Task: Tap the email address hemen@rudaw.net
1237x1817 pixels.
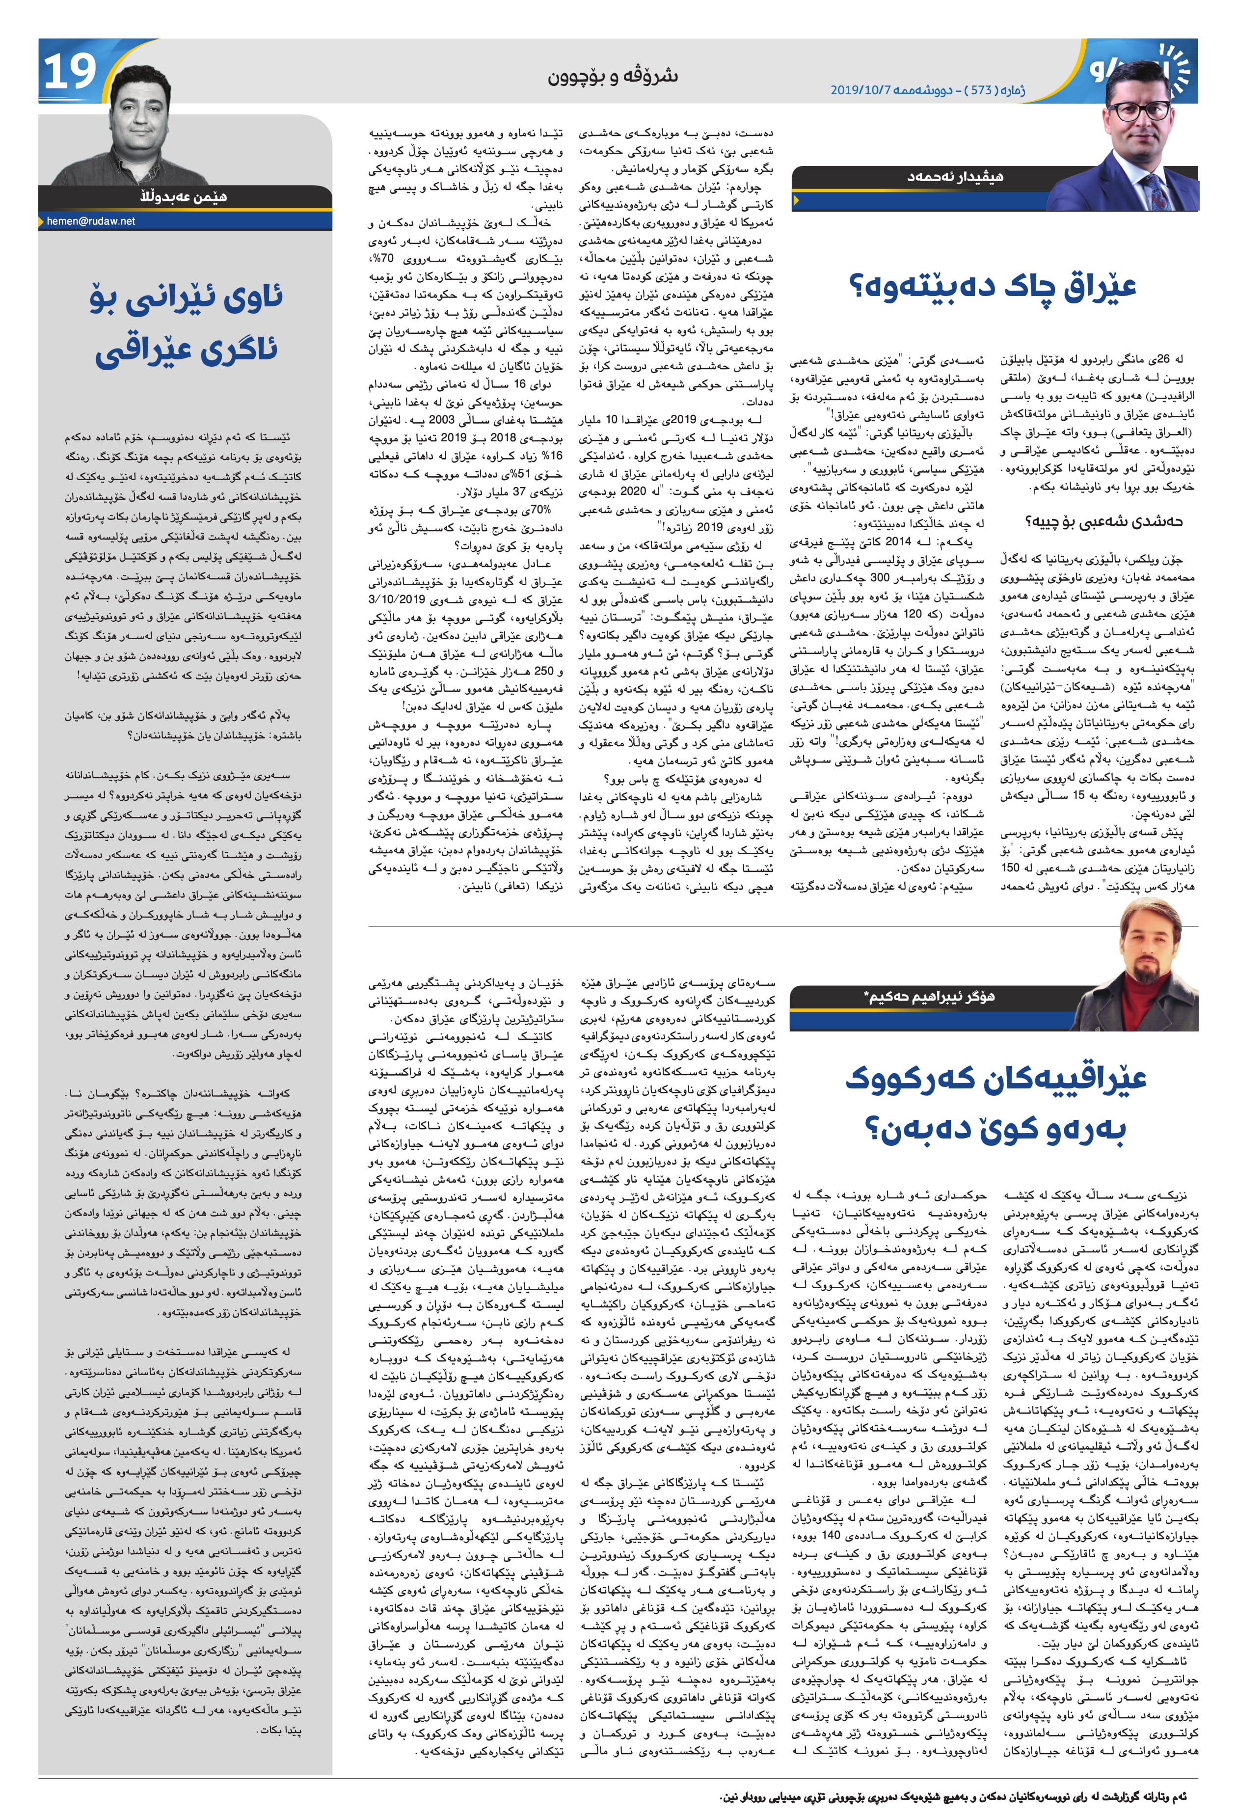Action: tap(91, 221)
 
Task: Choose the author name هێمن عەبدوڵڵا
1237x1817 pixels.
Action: tap(183, 197)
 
